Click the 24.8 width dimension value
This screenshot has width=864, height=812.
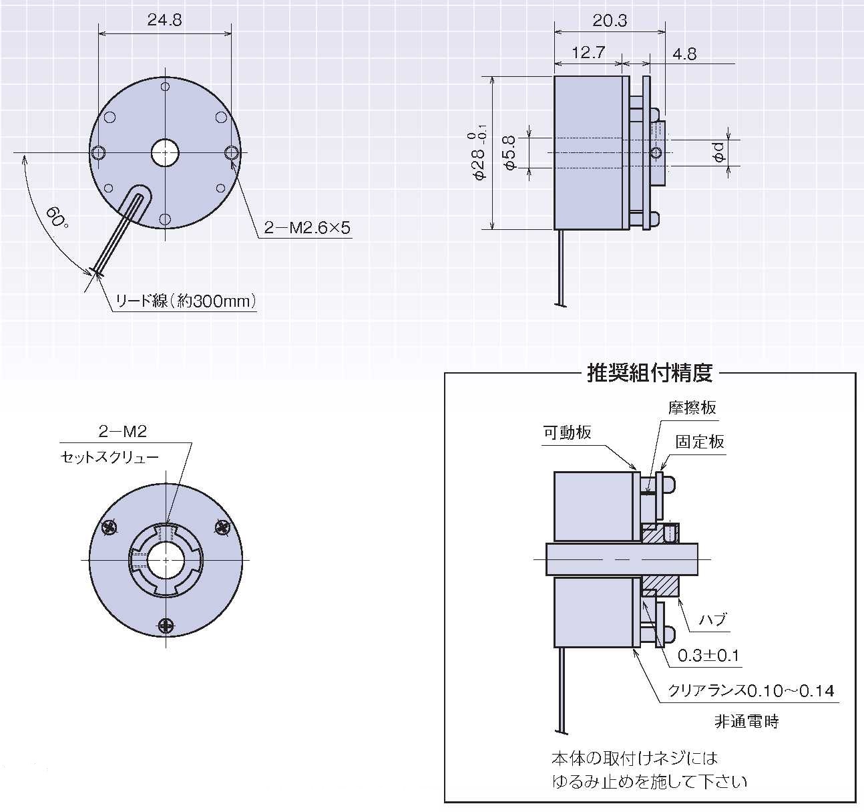164,20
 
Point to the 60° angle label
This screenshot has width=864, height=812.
57,217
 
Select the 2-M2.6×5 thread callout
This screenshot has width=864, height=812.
307,228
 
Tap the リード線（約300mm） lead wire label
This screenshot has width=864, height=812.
186,301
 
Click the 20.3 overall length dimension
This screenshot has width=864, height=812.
610,21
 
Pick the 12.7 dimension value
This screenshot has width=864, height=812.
588,53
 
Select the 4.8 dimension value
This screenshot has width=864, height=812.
684,54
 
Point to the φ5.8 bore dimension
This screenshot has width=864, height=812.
509,152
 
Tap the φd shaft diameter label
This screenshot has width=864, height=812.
718,152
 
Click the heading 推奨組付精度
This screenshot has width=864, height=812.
650,373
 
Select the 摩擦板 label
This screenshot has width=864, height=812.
692,408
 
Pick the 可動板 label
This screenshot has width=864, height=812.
567,432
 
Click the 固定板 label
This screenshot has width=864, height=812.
700,442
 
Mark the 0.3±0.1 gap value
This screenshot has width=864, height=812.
708,656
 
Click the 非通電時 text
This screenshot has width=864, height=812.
746,722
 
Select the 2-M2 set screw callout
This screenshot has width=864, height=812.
122,432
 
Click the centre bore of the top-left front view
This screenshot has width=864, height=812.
165,153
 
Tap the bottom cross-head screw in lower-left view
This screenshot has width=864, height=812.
166,626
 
